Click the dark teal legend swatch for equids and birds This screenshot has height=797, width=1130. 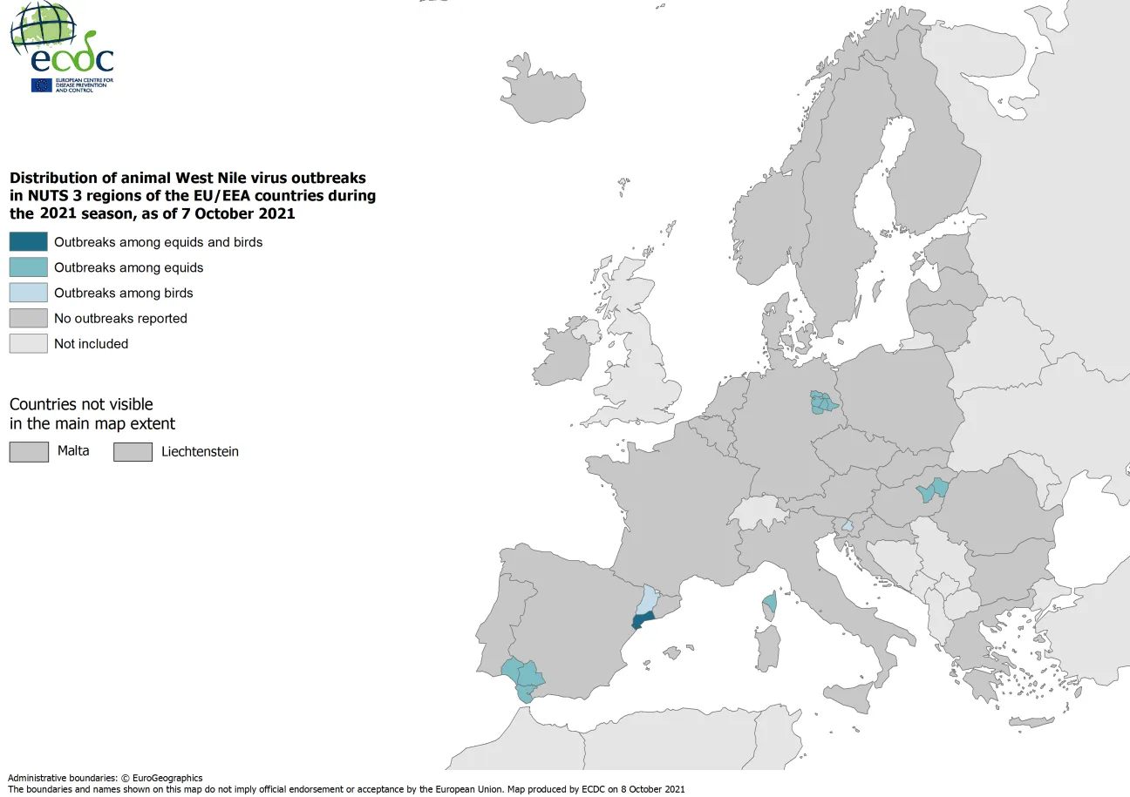[x=28, y=242]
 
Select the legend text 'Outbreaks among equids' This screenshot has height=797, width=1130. [x=128, y=267]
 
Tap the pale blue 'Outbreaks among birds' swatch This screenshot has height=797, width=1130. [x=28, y=293]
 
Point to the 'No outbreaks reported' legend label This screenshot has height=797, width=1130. [x=120, y=318]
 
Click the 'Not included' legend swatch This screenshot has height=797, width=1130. [x=28, y=343]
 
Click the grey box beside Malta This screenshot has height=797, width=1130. [x=28, y=451]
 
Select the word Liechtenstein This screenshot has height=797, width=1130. [x=200, y=451]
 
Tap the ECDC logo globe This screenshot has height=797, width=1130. [x=42, y=26]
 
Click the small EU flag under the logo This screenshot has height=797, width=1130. [x=41, y=84]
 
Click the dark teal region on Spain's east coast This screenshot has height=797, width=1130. [x=643, y=621]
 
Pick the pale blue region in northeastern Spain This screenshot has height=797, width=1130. [x=647, y=599]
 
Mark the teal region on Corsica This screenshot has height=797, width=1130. [x=770, y=602]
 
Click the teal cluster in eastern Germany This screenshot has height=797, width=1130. [x=822, y=403]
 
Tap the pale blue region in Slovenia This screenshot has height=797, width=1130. [x=847, y=526]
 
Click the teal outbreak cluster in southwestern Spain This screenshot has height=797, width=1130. [x=523, y=676]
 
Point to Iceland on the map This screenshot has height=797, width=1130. [x=546, y=92]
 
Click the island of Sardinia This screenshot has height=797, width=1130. [x=766, y=649]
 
